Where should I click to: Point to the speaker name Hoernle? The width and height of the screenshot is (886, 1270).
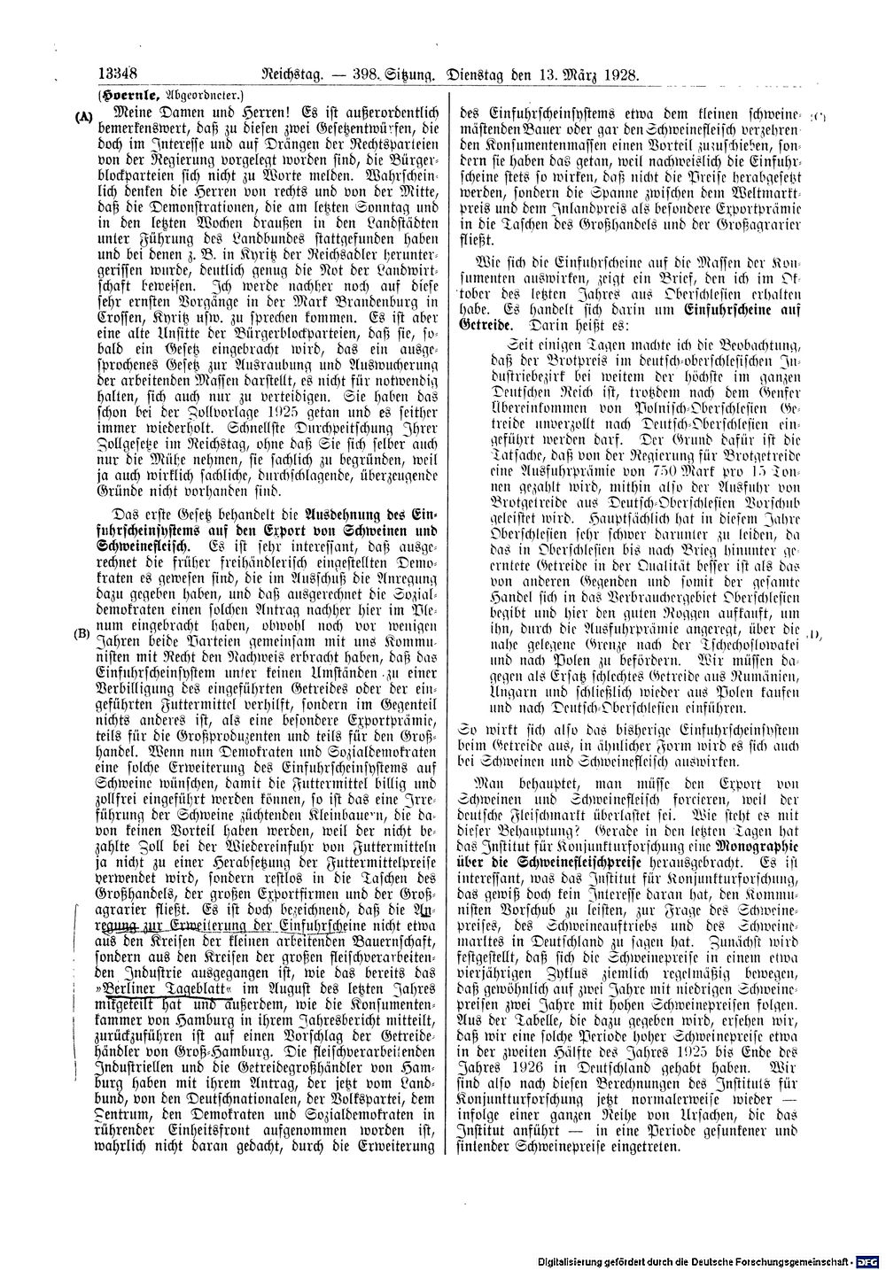(128, 96)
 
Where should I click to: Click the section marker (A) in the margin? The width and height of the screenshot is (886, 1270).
(84, 116)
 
